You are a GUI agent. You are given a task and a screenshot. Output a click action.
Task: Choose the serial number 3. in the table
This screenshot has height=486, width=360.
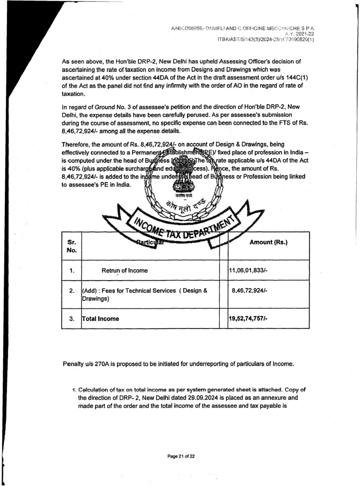point(71,318)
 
